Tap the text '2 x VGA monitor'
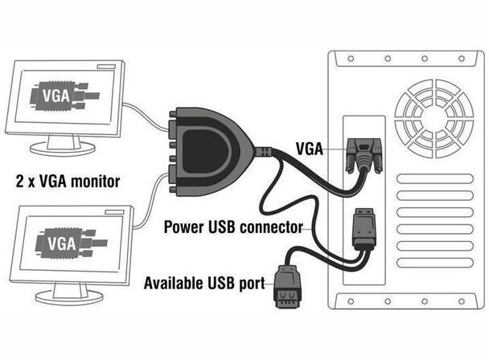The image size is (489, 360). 68,181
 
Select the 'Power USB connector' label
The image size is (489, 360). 233,227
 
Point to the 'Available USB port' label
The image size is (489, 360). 204,283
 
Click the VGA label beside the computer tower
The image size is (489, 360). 309,149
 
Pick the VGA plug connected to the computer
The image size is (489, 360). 364,155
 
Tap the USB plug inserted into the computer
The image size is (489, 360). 364,228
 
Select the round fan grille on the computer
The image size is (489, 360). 434,118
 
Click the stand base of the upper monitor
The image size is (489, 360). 63,149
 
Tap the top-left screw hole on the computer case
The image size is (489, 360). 351,59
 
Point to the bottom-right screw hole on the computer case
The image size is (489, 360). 462,301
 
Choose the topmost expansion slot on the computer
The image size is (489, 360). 435,179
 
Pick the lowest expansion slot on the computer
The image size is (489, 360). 435,263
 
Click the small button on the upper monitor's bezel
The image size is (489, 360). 106,67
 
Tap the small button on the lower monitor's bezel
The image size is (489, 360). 114,212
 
